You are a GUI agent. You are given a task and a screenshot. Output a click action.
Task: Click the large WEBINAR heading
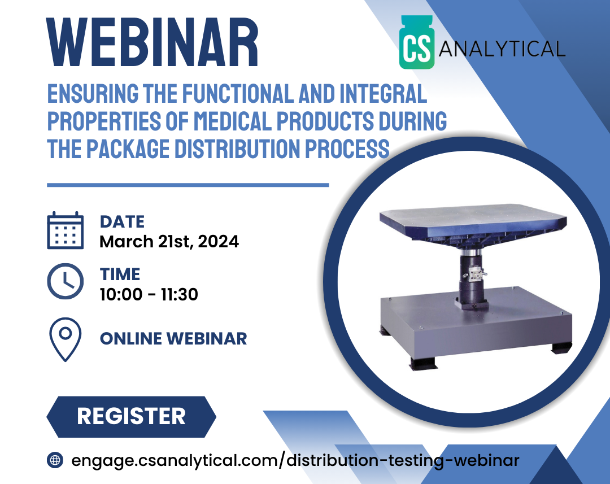[152, 42]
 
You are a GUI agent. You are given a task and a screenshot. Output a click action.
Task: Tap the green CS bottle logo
[417, 42]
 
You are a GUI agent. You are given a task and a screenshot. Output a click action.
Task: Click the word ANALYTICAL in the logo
[502, 49]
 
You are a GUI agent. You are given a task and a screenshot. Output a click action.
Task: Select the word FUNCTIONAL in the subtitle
[238, 93]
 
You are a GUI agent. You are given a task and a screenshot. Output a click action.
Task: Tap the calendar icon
[66, 230]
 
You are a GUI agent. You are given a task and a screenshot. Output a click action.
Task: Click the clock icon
[66, 281]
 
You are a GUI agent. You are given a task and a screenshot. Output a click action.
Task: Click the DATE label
[122, 222]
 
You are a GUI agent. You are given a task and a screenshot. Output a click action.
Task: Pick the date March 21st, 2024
[169, 242]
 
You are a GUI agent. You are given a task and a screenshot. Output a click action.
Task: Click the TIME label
[120, 274]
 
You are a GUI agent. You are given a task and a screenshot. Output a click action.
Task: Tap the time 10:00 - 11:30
[149, 295]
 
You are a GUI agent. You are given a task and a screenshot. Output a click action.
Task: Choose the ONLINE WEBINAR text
[173, 338]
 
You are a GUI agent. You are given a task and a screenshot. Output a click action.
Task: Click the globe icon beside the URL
[55, 460]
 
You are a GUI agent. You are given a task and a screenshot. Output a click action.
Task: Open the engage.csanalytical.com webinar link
[295, 460]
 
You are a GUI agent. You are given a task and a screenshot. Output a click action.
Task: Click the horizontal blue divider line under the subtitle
[188, 185]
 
